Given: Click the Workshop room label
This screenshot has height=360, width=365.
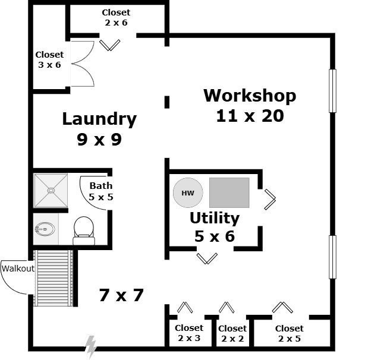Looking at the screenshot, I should [x=250, y=105].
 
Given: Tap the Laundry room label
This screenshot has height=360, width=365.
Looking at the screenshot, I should [x=99, y=129].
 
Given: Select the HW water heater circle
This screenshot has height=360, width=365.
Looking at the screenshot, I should [x=188, y=193].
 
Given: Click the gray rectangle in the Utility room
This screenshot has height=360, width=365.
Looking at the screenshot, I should [x=229, y=192].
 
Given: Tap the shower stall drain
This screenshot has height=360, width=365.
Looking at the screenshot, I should [x=51, y=191].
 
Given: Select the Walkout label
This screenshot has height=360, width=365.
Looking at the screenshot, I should [x=17, y=268].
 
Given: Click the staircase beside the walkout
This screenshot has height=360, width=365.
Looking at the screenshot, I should [x=54, y=277].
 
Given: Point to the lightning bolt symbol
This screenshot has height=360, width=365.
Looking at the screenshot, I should [x=91, y=346].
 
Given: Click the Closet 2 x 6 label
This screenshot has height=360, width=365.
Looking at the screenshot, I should [x=116, y=17].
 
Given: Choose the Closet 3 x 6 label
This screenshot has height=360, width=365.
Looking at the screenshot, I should [x=49, y=59].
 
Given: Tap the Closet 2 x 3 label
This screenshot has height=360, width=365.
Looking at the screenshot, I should [x=188, y=333].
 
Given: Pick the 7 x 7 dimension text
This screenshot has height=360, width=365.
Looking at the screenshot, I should [x=122, y=295].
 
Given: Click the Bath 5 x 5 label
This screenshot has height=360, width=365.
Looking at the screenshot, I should [x=101, y=191].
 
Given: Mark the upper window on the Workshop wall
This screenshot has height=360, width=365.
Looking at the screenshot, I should [x=332, y=91].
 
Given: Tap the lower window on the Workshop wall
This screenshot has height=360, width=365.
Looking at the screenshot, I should [x=332, y=257].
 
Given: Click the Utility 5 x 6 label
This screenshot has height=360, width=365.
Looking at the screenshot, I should [x=215, y=227].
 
